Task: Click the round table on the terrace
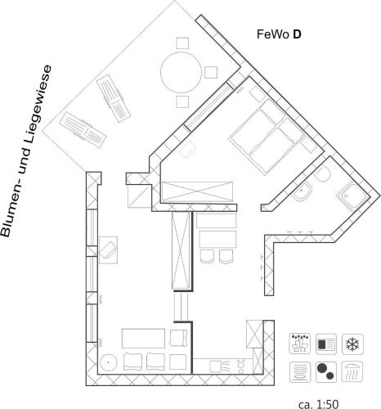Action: tap(181, 73)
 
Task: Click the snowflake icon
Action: tap(352, 344)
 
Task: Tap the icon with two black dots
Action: tap(326, 372)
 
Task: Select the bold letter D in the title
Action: tap(297, 34)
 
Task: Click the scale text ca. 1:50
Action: tap(319, 404)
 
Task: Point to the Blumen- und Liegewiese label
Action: tap(26, 151)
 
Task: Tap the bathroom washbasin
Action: tap(303, 191)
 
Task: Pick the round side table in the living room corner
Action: tap(108, 362)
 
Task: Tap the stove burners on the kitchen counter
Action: tap(241, 366)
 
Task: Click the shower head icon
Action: tap(352, 372)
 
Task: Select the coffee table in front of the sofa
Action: tap(143, 339)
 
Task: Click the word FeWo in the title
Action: tap(273, 34)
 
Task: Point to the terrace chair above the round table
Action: tap(182, 43)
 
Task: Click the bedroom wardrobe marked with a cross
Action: tap(197, 192)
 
